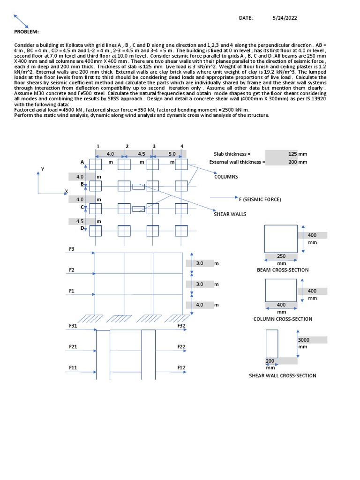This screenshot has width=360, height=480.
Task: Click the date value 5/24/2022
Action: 285,18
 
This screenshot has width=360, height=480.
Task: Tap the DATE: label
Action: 246,18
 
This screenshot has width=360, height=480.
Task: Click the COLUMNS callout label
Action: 226,177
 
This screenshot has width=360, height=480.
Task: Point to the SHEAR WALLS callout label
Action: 230,214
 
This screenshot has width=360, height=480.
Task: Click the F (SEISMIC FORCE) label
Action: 260,199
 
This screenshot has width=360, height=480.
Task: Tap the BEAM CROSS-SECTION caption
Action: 283,270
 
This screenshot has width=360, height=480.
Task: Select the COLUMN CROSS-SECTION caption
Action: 283,319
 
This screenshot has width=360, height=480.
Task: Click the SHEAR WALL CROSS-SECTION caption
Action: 282,375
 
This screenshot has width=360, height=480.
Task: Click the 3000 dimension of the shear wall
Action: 306,340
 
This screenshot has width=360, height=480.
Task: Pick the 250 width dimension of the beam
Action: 281,256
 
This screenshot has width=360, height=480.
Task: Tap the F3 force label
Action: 72,249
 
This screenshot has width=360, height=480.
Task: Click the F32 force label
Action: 181,325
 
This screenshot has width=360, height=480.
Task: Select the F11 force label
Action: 73,368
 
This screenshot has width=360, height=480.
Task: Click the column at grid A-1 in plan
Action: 96,164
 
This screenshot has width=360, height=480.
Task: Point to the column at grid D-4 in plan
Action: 181,231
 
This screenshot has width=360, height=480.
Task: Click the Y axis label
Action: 43,169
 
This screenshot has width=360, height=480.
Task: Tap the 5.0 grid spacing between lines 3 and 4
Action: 172,154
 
